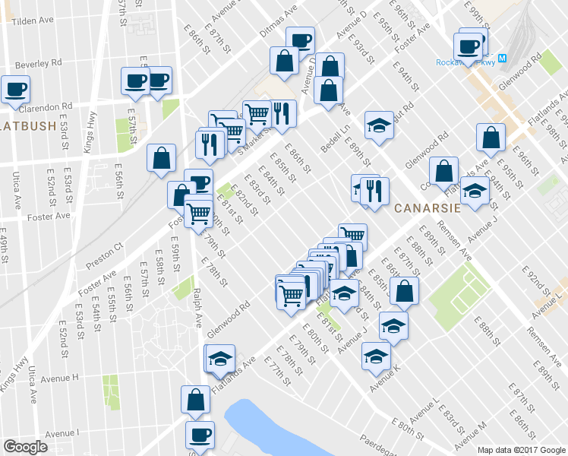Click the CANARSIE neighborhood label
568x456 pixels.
pyautogui.click(x=422, y=207)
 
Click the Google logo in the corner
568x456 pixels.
pyautogui.click(x=26, y=446)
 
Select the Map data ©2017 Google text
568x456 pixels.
pyautogui.click(x=522, y=450)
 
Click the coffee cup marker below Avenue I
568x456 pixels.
pyautogui.click(x=200, y=435)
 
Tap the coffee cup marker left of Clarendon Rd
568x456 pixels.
pyautogui.click(x=15, y=88)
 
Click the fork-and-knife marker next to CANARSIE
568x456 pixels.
pyautogui.click(x=374, y=191)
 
